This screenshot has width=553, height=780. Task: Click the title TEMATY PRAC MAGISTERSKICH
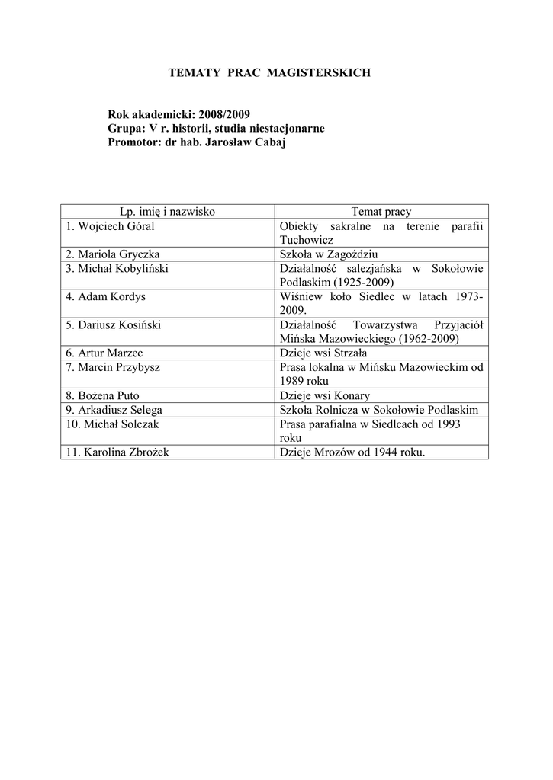pyautogui.click(x=269, y=72)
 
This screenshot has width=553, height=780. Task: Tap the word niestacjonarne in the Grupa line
pyautogui.click(x=278, y=128)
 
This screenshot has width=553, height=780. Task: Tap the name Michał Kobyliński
pyautogui.click(x=117, y=268)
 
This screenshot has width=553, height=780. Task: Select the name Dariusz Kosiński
pyautogui.click(x=114, y=324)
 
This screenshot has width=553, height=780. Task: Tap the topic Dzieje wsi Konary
pyautogui.click(x=325, y=395)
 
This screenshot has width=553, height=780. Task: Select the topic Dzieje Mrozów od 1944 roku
pyautogui.click(x=352, y=452)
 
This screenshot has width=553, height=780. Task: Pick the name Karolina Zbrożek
pyautogui.click(x=117, y=452)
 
